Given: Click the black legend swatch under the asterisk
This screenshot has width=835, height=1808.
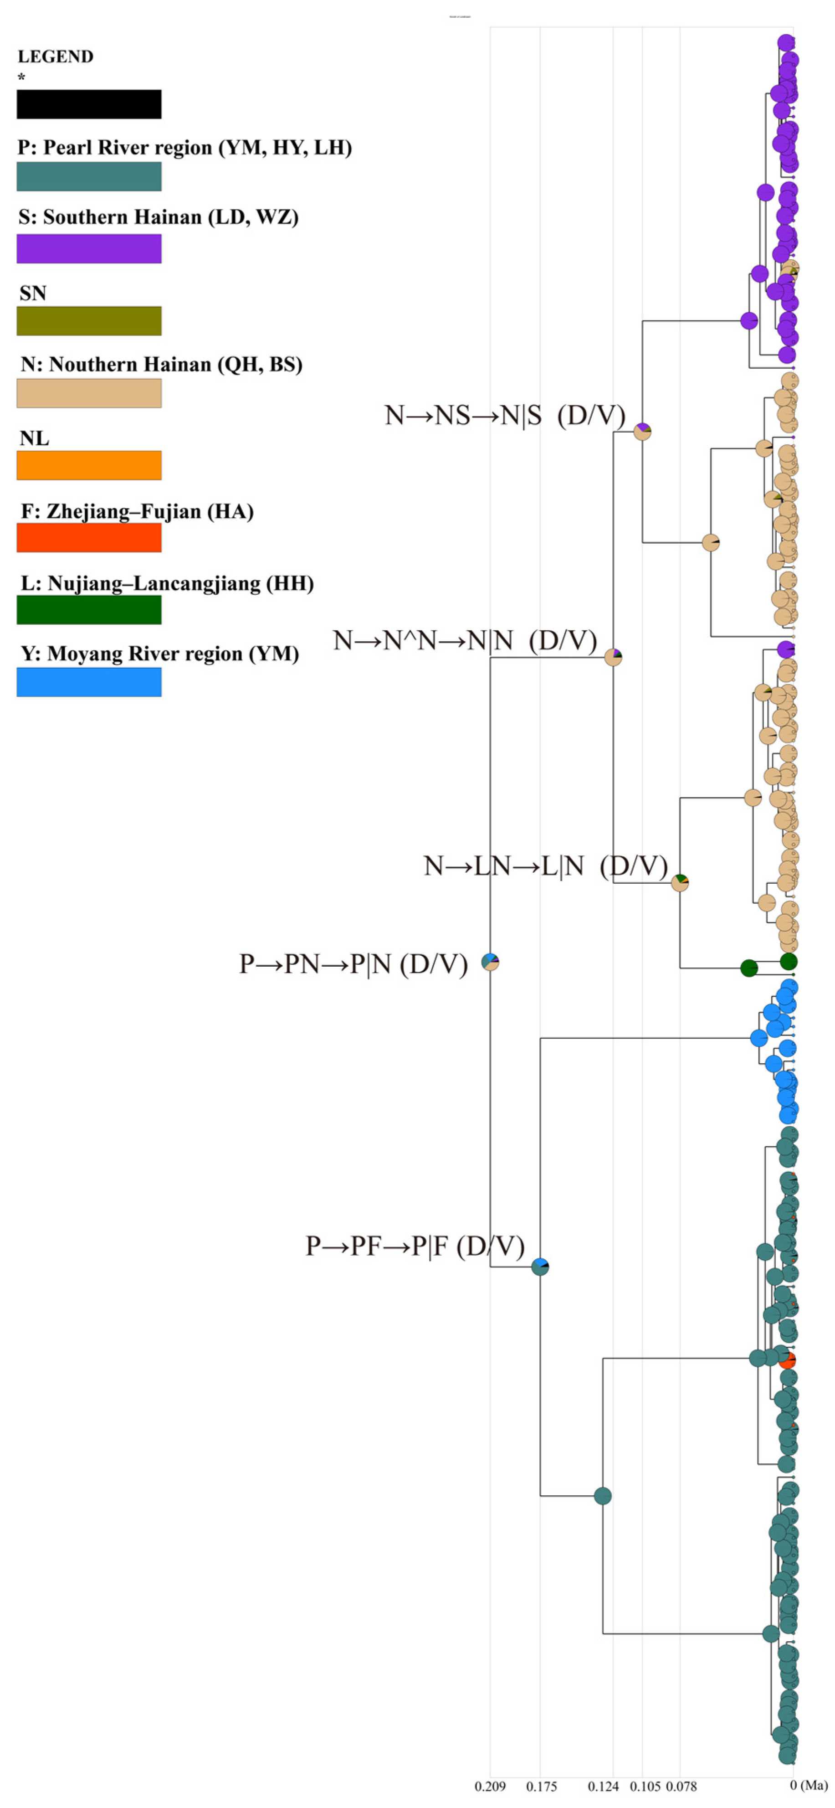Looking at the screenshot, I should click(x=89, y=104).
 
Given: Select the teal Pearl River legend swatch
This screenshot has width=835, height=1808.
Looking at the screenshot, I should click(x=89, y=176).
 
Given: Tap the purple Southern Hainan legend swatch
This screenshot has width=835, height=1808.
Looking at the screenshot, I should click(x=89, y=248).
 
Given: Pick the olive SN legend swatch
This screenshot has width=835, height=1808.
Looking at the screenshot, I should click(x=89, y=321).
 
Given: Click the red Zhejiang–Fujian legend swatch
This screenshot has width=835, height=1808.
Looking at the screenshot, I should click(x=89, y=538).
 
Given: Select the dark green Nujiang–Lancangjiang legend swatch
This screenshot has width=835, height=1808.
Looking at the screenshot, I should click(x=89, y=609).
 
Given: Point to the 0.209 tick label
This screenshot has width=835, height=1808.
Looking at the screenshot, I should click(x=490, y=1786).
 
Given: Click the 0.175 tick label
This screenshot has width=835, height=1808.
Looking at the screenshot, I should click(x=541, y=1786).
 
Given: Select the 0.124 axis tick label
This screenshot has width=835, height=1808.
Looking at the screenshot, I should click(x=604, y=1786).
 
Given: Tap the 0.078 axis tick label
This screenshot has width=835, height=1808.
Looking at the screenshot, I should click(x=681, y=1786).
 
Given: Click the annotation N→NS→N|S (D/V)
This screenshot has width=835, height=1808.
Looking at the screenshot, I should click(x=505, y=416).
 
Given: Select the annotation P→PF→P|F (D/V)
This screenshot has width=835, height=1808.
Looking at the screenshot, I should click(x=415, y=1246).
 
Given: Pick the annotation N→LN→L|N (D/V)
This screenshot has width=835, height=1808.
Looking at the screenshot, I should click(x=545, y=866).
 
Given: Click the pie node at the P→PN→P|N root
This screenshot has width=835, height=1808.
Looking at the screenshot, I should click(x=490, y=962).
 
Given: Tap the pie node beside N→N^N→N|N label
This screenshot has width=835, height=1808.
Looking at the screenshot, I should click(x=613, y=657).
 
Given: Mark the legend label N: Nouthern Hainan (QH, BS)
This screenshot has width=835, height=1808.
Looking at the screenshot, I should click(x=161, y=364).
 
